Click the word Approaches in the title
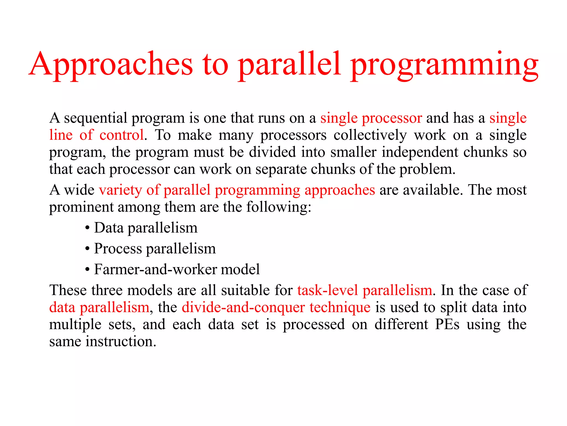(111, 64)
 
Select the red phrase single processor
(371, 118)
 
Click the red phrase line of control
(96, 135)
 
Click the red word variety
(120, 190)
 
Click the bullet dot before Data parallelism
(87, 228)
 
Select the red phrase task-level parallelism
(365, 290)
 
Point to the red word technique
(340, 307)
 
